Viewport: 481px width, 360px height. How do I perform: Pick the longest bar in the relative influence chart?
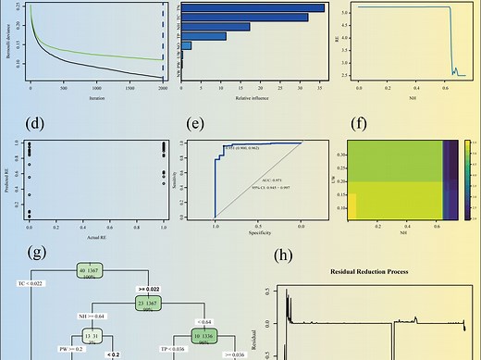(253, 8)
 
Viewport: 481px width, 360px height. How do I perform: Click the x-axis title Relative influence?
(254, 96)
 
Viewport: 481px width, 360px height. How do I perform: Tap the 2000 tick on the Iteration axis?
(163, 89)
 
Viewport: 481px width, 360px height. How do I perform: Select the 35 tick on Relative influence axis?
(319, 89)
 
